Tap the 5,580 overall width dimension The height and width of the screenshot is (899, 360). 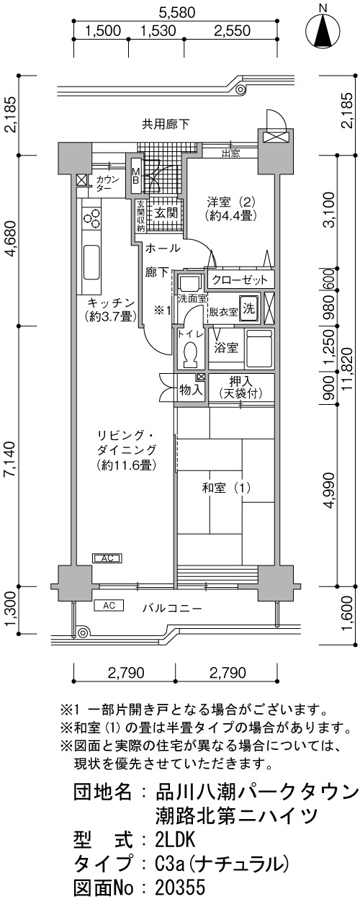click(x=176, y=13)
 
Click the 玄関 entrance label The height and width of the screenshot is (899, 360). click(x=166, y=213)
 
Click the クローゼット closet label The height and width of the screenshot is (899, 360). click(x=239, y=279)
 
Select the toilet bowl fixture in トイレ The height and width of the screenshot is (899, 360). click(x=189, y=356)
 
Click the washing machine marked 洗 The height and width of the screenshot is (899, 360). click(x=249, y=308)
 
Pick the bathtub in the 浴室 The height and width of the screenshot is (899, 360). click(x=259, y=348)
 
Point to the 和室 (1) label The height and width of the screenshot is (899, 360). click(x=226, y=488)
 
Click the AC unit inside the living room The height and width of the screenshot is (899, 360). click(x=107, y=558)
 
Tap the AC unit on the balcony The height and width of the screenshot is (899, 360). click(x=109, y=605)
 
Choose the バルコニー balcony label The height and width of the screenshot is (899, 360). click(x=172, y=609)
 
